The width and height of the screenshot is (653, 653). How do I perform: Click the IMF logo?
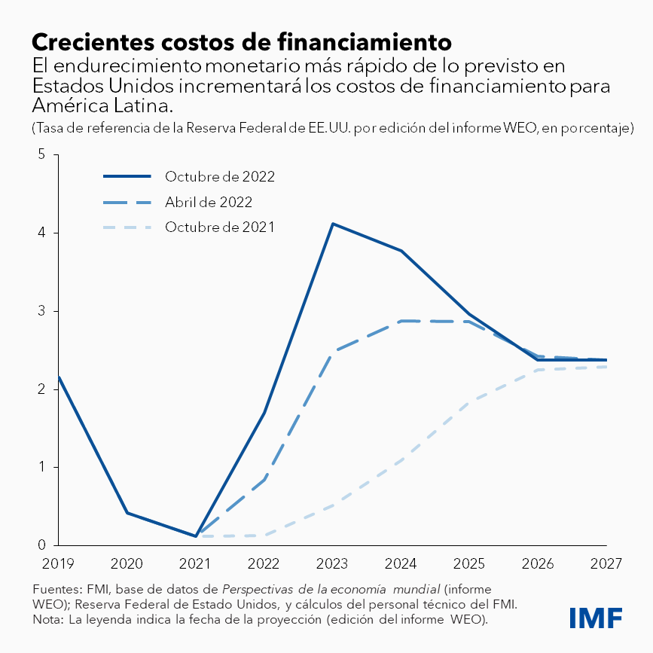[x=595, y=618]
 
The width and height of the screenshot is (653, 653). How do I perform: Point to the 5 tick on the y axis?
[x=43, y=155]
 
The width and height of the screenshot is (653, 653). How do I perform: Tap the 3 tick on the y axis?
[x=43, y=311]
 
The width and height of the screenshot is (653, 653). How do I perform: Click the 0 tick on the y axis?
[x=43, y=545]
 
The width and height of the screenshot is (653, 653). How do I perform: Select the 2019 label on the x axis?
[x=59, y=563]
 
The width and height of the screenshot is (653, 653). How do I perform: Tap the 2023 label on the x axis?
[x=333, y=563]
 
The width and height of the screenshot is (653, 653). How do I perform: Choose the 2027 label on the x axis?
[x=606, y=563]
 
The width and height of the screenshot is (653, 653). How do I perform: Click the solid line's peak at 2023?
[x=333, y=224]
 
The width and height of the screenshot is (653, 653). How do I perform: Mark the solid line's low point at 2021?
[x=196, y=536]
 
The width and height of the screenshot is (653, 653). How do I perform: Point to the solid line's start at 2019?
[x=59, y=377]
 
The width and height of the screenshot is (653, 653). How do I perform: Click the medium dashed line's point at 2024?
[x=401, y=321]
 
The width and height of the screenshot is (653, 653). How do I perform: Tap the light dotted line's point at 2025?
[x=470, y=403]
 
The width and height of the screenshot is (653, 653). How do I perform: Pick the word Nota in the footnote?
[x=47, y=620]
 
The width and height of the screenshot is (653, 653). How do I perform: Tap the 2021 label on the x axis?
[x=196, y=563]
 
